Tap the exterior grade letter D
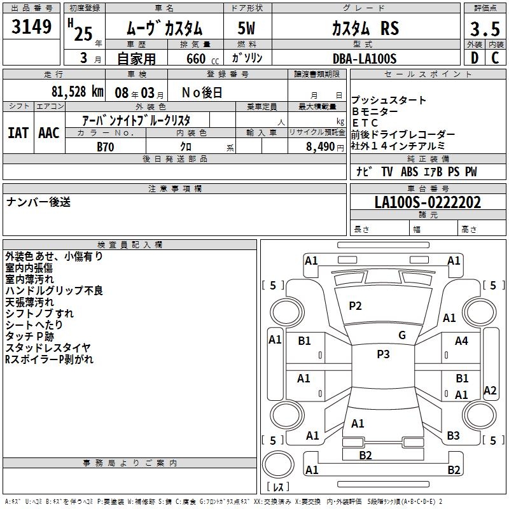click(473, 58)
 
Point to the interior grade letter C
click(495, 58)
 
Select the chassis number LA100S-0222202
click(428, 203)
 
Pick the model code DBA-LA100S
click(365, 59)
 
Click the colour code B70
click(106, 147)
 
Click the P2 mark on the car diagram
click(355, 306)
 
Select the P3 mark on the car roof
click(383, 354)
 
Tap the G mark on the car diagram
click(402, 335)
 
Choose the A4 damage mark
click(461, 341)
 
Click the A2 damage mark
click(490, 391)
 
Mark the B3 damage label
click(453, 436)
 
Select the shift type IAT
click(19, 132)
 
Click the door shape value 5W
click(246, 28)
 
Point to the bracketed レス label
click(279, 487)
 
